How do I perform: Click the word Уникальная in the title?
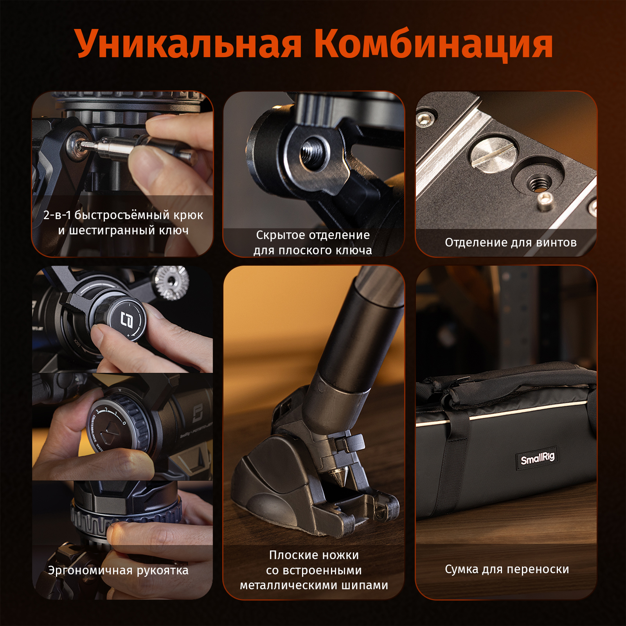pos(188,43)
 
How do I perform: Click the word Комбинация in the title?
pos(434,43)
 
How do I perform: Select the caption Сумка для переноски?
pos(507,569)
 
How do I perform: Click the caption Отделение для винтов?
pos(511,243)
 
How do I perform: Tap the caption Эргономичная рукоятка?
pos(118,570)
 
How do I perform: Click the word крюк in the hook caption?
pos(188,216)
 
